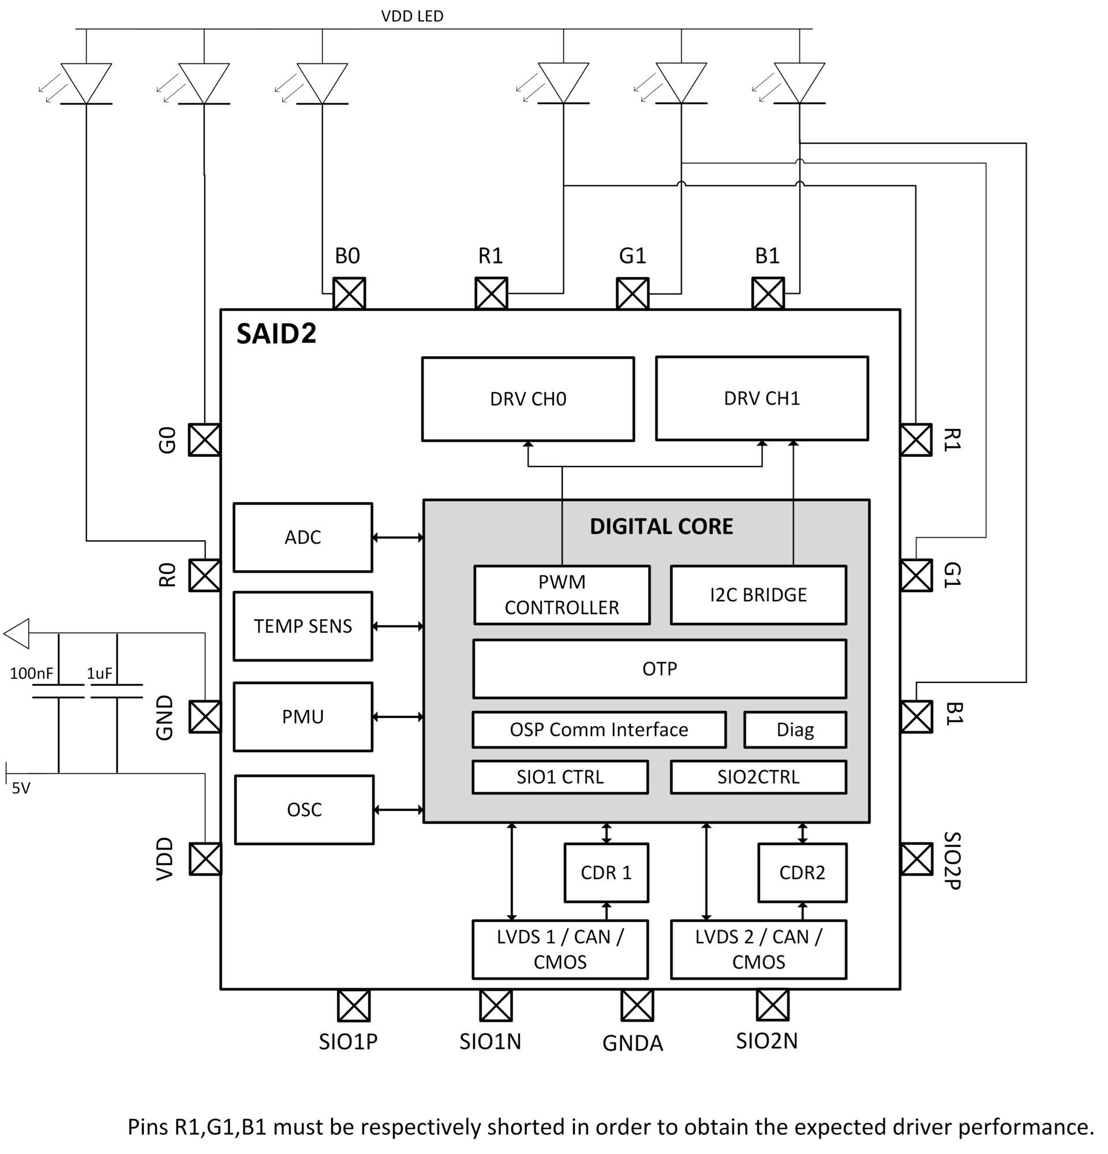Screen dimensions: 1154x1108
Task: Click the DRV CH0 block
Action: click(527, 398)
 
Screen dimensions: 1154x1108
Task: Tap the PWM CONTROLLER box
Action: click(562, 594)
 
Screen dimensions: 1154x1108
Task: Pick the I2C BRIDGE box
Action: click(758, 594)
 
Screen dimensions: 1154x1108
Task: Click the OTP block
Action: click(659, 669)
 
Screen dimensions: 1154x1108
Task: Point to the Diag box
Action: click(795, 730)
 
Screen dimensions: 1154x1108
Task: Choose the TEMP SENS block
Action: click(302, 625)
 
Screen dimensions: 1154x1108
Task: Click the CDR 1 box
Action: click(605, 872)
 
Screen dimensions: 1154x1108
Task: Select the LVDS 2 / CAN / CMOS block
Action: click(758, 948)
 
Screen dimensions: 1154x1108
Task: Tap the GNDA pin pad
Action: click(637, 1005)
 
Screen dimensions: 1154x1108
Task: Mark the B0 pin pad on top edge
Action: click(349, 293)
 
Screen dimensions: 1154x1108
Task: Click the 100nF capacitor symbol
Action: click(58, 691)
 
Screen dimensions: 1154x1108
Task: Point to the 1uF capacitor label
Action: click(99, 673)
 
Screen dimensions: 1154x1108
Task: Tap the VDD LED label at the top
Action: click(412, 16)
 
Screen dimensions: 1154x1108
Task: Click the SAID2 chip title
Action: click(276, 333)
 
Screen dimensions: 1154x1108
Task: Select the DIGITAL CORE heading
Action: click(661, 526)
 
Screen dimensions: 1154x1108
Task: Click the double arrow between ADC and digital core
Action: click(398, 537)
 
